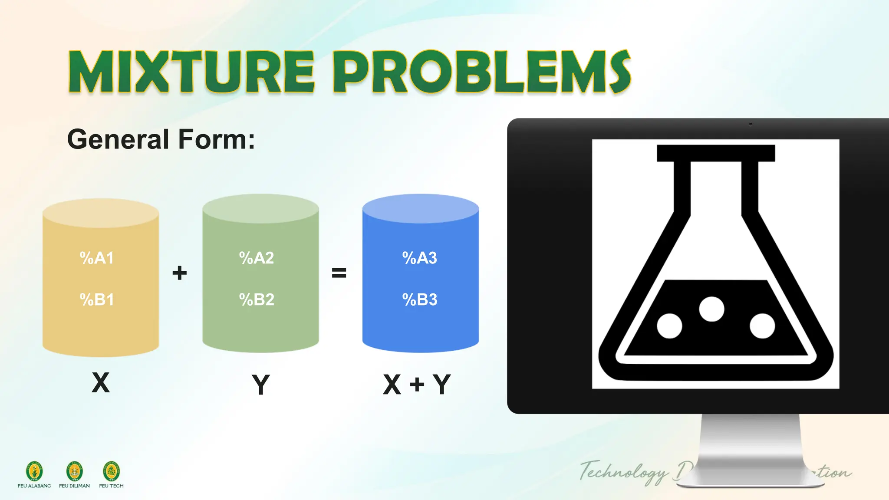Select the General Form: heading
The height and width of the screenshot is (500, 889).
(x=161, y=139)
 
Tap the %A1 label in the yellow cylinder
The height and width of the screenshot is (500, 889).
(x=97, y=258)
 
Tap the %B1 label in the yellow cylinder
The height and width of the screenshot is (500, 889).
(x=97, y=299)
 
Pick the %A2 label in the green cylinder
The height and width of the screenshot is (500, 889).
(x=257, y=258)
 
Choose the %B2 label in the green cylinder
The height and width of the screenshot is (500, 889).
(x=257, y=299)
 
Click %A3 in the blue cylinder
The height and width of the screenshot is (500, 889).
(x=419, y=258)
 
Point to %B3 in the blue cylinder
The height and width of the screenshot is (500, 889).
(x=419, y=299)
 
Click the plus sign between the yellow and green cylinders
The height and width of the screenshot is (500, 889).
(x=179, y=273)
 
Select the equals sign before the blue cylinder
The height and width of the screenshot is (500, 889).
(x=339, y=273)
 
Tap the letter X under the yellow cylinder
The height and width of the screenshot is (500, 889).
(x=101, y=383)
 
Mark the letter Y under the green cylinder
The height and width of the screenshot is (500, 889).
(x=260, y=385)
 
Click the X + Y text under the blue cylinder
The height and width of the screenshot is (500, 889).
(x=417, y=385)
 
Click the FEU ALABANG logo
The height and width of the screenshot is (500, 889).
(x=34, y=471)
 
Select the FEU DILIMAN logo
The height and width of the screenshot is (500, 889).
(x=74, y=471)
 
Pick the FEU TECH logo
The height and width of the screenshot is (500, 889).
(x=111, y=471)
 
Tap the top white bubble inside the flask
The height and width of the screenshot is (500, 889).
(x=711, y=309)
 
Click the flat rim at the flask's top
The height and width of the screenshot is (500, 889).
(x=715, y=153)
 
